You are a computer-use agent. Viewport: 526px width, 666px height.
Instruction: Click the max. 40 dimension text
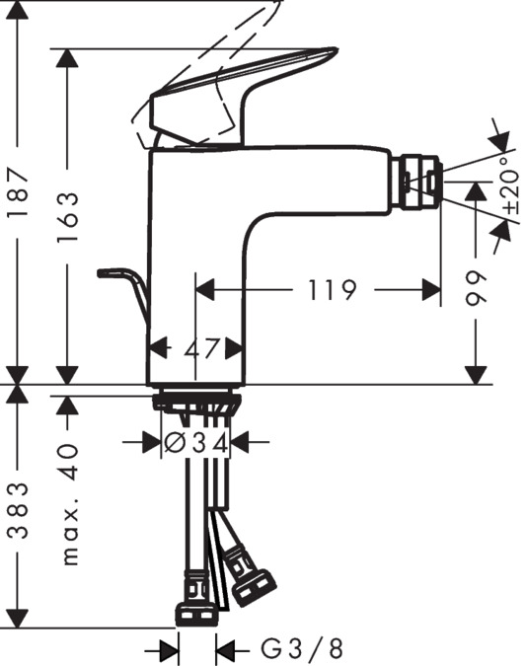pyautogui.click(x=68, y=503)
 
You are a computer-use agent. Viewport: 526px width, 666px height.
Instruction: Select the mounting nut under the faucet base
pyautogui.click(x=196, y=402)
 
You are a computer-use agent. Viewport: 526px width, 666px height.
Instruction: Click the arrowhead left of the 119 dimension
pyautogui.click(x=205, y=289)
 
